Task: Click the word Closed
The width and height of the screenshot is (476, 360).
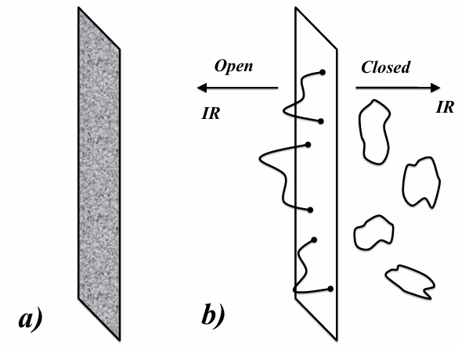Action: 386,67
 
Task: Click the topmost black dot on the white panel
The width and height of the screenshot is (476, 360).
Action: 323,73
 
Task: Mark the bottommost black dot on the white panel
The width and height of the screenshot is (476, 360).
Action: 333,289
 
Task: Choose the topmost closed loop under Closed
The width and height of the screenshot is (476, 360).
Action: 373,132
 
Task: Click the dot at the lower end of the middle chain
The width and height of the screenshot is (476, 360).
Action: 312,210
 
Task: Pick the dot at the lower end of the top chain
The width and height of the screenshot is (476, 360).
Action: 321,121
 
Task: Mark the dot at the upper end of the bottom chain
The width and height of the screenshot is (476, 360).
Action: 314,239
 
